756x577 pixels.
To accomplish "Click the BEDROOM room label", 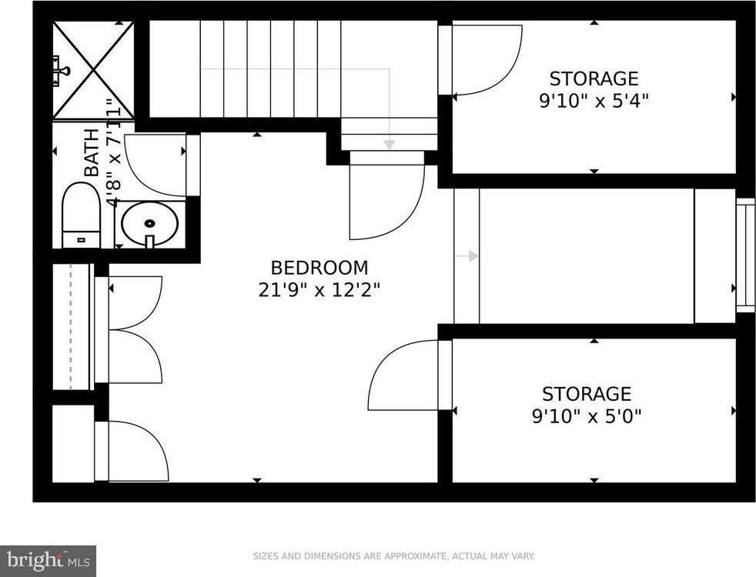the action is [319, 267].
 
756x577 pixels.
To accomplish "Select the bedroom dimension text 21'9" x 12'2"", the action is [319, 290].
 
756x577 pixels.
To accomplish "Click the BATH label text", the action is [91, 152].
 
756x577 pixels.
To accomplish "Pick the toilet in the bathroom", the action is [81, 215].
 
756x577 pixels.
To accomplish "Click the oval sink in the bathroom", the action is [150, 223].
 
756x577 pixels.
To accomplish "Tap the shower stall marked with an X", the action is [93, 70].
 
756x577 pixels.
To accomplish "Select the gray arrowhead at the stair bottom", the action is [389, 145].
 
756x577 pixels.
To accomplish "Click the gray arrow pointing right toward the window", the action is [467, 256].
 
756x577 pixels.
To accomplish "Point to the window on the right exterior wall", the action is [745, 255].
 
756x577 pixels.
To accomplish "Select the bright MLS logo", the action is [49, 561].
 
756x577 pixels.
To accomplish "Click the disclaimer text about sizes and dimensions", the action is [394, 556].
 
